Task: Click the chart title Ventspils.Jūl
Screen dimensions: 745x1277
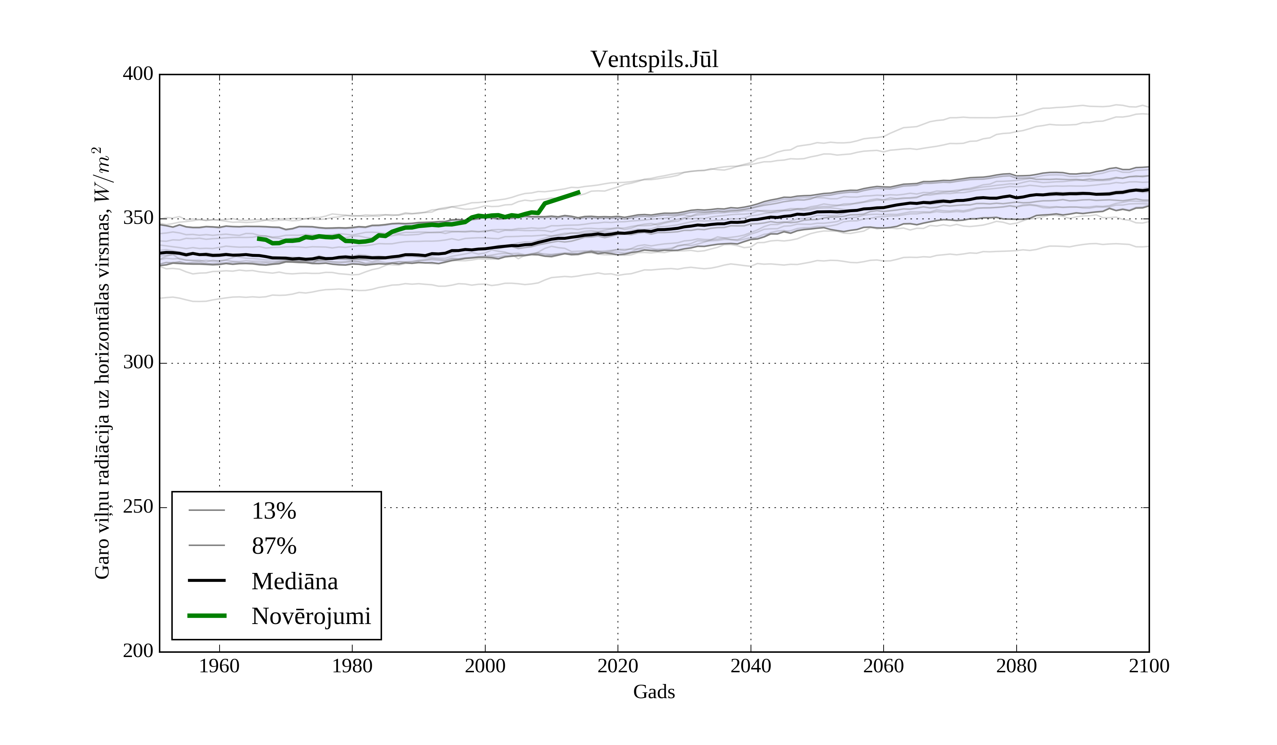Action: coord(654,60)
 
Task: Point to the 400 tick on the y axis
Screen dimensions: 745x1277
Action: coord(138,74)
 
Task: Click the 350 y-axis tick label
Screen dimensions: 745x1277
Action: coord(138,219)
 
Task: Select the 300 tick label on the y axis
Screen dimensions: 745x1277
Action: coord(138,363)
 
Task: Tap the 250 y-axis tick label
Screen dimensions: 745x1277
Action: coord(138,507)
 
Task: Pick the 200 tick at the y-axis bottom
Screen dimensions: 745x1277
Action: coord(138,651)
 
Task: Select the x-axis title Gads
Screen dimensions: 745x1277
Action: coord(654,692)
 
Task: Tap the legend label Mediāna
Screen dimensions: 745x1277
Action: coord(294,581)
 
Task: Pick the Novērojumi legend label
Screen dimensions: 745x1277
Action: coord(311,616)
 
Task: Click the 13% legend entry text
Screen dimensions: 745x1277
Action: coord(273,511)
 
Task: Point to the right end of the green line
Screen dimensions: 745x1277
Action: coord(579,192)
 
